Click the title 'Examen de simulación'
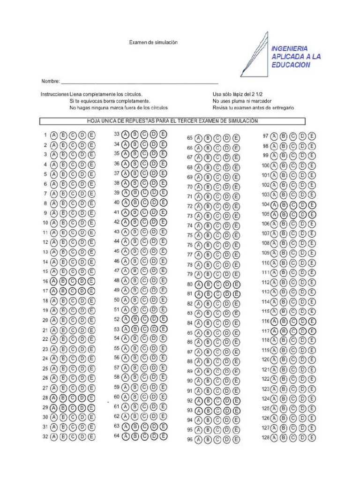[153, 42]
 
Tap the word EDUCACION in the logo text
[291, 65]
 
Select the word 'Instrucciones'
[54, 94]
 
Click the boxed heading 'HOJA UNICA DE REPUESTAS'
[172, 121]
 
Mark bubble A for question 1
[54, 135]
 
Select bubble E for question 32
[91, 437]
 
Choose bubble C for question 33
[144, 134]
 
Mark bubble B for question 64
[135, 436]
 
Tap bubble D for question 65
[227, 138]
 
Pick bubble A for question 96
[199, 440]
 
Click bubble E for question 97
[312, 136]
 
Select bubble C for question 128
[293, 438]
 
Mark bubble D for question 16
[82, 281]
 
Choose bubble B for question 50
[135, 300]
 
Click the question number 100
[265, 165]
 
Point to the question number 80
[190, 285]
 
